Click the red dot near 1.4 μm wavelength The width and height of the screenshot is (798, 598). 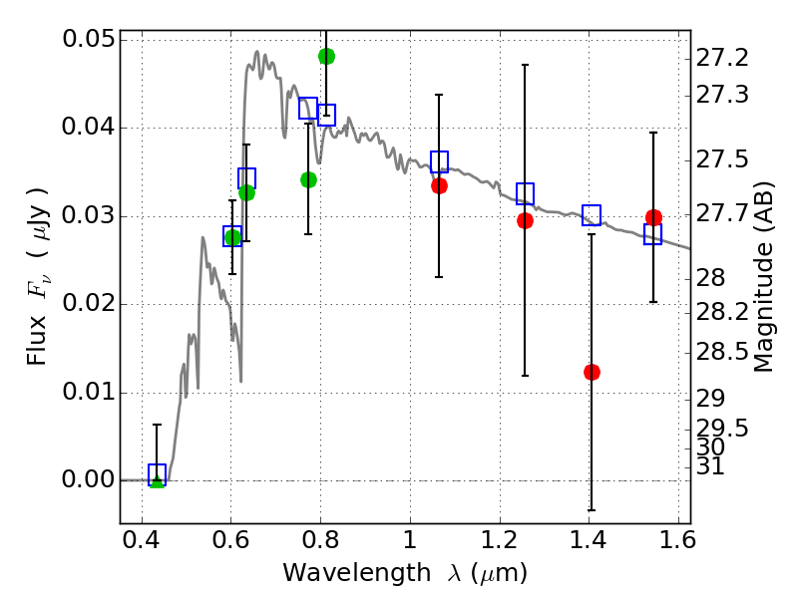(x=592, y=372)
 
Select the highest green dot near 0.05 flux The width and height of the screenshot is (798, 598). (x=326, y=56)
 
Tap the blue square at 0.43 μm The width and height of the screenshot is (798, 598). (x=157, y=474)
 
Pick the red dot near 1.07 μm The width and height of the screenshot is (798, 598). (x=439, y=185)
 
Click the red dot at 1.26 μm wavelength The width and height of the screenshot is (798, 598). (x=525, y=220)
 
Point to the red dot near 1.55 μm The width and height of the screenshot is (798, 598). (x=653, y=217)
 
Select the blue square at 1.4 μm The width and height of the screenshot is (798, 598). (x=592, y=214)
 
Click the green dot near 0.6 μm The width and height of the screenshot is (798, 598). (x=232, y=237)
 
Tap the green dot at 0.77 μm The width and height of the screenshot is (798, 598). (x=308, y=179)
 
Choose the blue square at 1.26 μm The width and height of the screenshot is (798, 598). (x=525, y=193)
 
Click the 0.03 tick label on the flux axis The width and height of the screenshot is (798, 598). (x=87, y=216)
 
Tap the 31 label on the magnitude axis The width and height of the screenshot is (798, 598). (x=714, y=466)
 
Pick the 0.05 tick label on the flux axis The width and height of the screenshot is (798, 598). (x=87, y=40)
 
